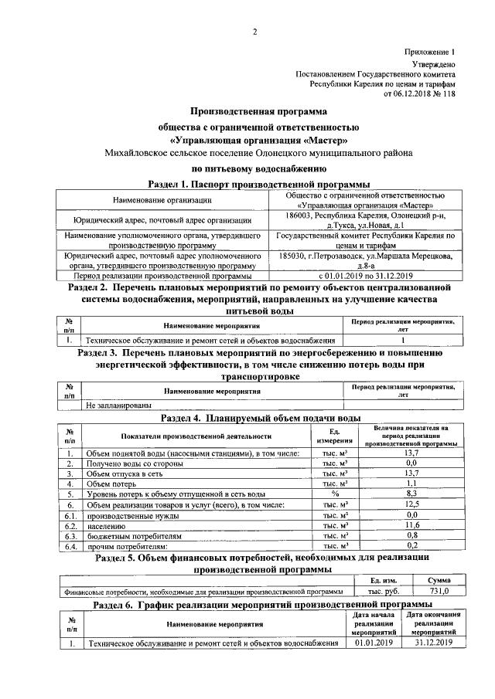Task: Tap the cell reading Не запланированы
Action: coord(118,404)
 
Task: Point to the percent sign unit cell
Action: coord(335,493)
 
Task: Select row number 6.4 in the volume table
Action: coord(70,545)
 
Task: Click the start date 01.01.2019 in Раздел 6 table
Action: coord(374,642)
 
